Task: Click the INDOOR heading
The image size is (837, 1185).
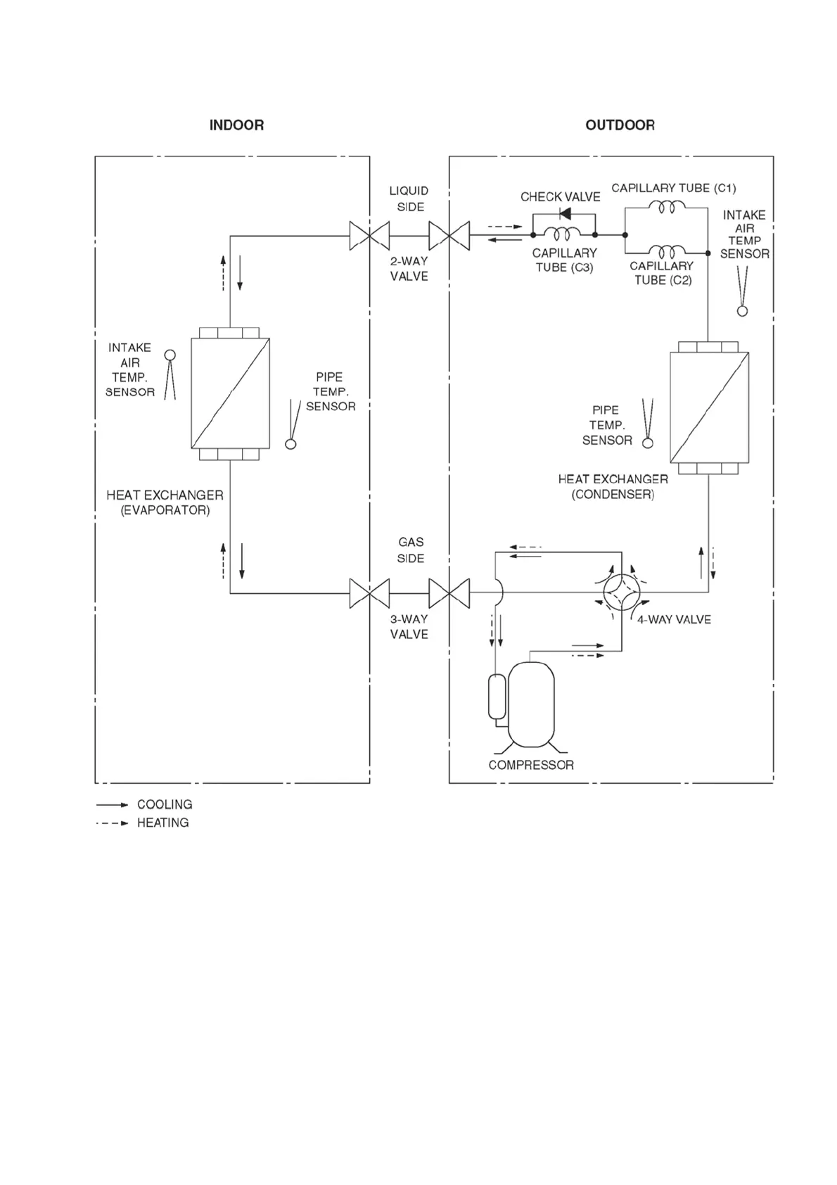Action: pos(236,125)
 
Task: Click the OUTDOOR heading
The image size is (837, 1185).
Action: pos(620,125)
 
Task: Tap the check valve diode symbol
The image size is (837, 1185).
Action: pos(564,214)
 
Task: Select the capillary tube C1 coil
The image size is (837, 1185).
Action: pos(666,206)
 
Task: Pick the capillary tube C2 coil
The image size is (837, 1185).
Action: pos(666,251)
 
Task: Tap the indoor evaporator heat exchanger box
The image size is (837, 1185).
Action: pos(231,393)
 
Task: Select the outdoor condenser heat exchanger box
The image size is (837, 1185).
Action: pos(709,407)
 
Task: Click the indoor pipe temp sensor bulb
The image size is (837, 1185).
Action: pos(290,444)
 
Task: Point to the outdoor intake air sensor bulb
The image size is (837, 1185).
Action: pos(742,311)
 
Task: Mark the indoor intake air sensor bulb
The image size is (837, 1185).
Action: pos(170,355)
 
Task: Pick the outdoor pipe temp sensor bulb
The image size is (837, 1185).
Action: pos(648,443)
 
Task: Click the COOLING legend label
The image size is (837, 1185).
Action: pos(165,804)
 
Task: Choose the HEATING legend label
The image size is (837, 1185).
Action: pos(162,823)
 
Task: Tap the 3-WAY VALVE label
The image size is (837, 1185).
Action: pos(409,626)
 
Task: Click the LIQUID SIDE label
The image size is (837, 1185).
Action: pos(409,198)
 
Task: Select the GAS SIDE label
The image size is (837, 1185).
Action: pos(411,550)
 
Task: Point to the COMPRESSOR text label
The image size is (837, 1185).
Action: pos(531,765)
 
